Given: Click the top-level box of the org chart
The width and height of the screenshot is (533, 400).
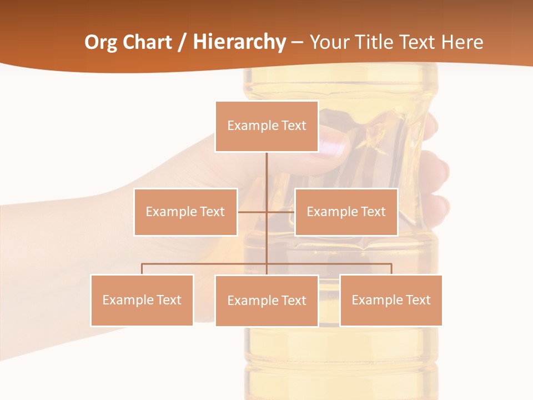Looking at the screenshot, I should pos(266,126).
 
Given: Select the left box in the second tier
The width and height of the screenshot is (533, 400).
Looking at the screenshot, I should pos(185,212).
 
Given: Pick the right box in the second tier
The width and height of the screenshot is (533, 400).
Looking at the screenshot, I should pos(346,212).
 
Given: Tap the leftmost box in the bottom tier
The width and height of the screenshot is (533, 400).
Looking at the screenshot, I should pos(142,300).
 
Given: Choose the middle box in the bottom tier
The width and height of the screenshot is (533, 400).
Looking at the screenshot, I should pos(266,301).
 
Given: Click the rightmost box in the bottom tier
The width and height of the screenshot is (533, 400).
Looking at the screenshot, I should pos(391,300).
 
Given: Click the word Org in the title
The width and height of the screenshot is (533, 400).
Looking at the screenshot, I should pos(100,42).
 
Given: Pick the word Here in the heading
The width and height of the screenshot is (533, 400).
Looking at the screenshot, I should pos(462,42).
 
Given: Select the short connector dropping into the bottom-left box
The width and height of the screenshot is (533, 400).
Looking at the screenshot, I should pos(142,269).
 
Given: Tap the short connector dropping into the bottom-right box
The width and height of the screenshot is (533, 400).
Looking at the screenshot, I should pos(391,269).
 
